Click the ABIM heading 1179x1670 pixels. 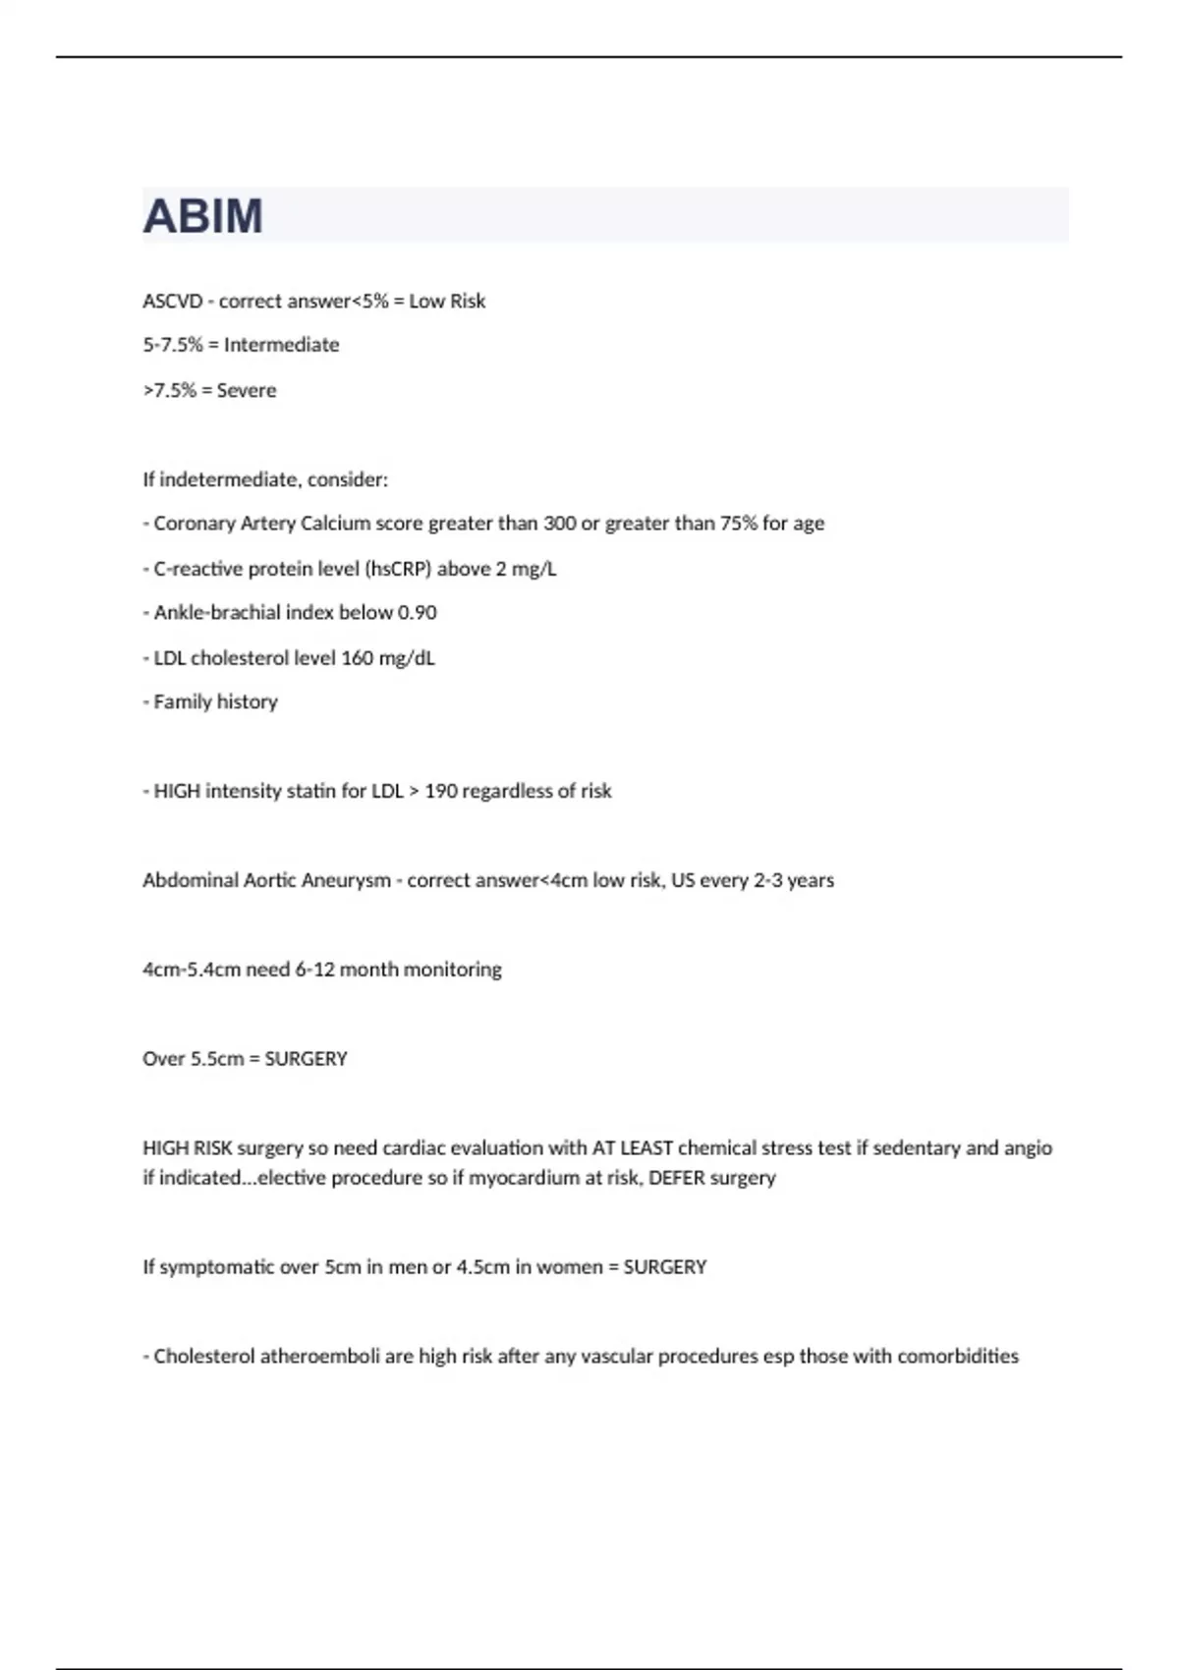[203, 216]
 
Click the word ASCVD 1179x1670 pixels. [172, 302]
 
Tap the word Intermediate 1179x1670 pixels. [281, 345]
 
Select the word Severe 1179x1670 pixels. [247, 390]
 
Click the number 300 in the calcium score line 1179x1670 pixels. [559, 524]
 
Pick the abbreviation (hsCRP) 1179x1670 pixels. [398, 569]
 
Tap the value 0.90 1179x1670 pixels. [417, 613]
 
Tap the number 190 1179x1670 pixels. [440, 792]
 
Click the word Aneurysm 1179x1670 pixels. [346, 881]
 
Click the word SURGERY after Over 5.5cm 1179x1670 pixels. [306, 1059]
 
